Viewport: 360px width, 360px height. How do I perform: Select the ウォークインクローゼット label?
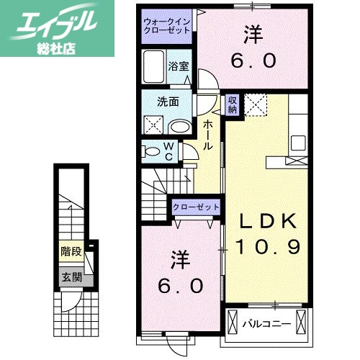coord(166,27)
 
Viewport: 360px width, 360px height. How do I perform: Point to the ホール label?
coord(207,135)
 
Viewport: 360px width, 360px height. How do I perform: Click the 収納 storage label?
coord(233,105)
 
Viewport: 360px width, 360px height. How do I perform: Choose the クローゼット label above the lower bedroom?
coord(195,207)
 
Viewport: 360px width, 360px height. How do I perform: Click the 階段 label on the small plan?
coord(70,253)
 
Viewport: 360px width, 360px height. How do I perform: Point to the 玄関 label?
coord(70,276)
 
